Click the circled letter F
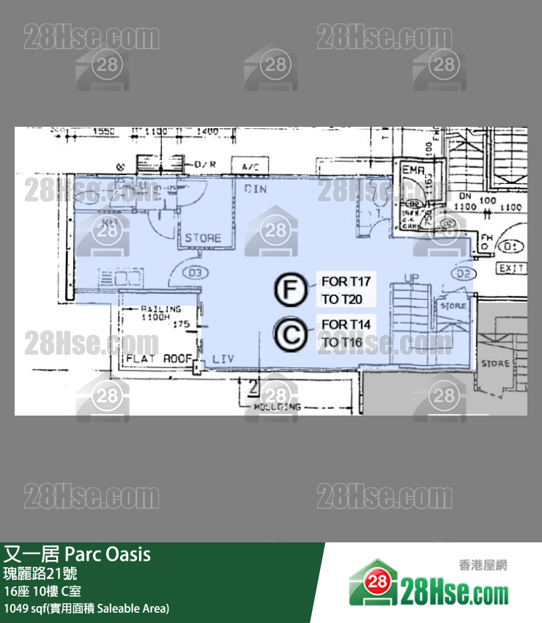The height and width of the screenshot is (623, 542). point(291,290)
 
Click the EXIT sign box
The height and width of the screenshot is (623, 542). point(512,269)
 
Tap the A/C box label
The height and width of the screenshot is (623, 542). point(250,167)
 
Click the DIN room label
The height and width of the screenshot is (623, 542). point(256,189)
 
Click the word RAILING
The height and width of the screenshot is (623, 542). point(160,309)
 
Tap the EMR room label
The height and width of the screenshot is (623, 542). point(413,171)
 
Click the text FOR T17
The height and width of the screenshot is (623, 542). point(346,281)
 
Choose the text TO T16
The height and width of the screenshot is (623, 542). point(341,342)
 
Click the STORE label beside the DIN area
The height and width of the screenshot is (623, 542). point(203,238)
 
